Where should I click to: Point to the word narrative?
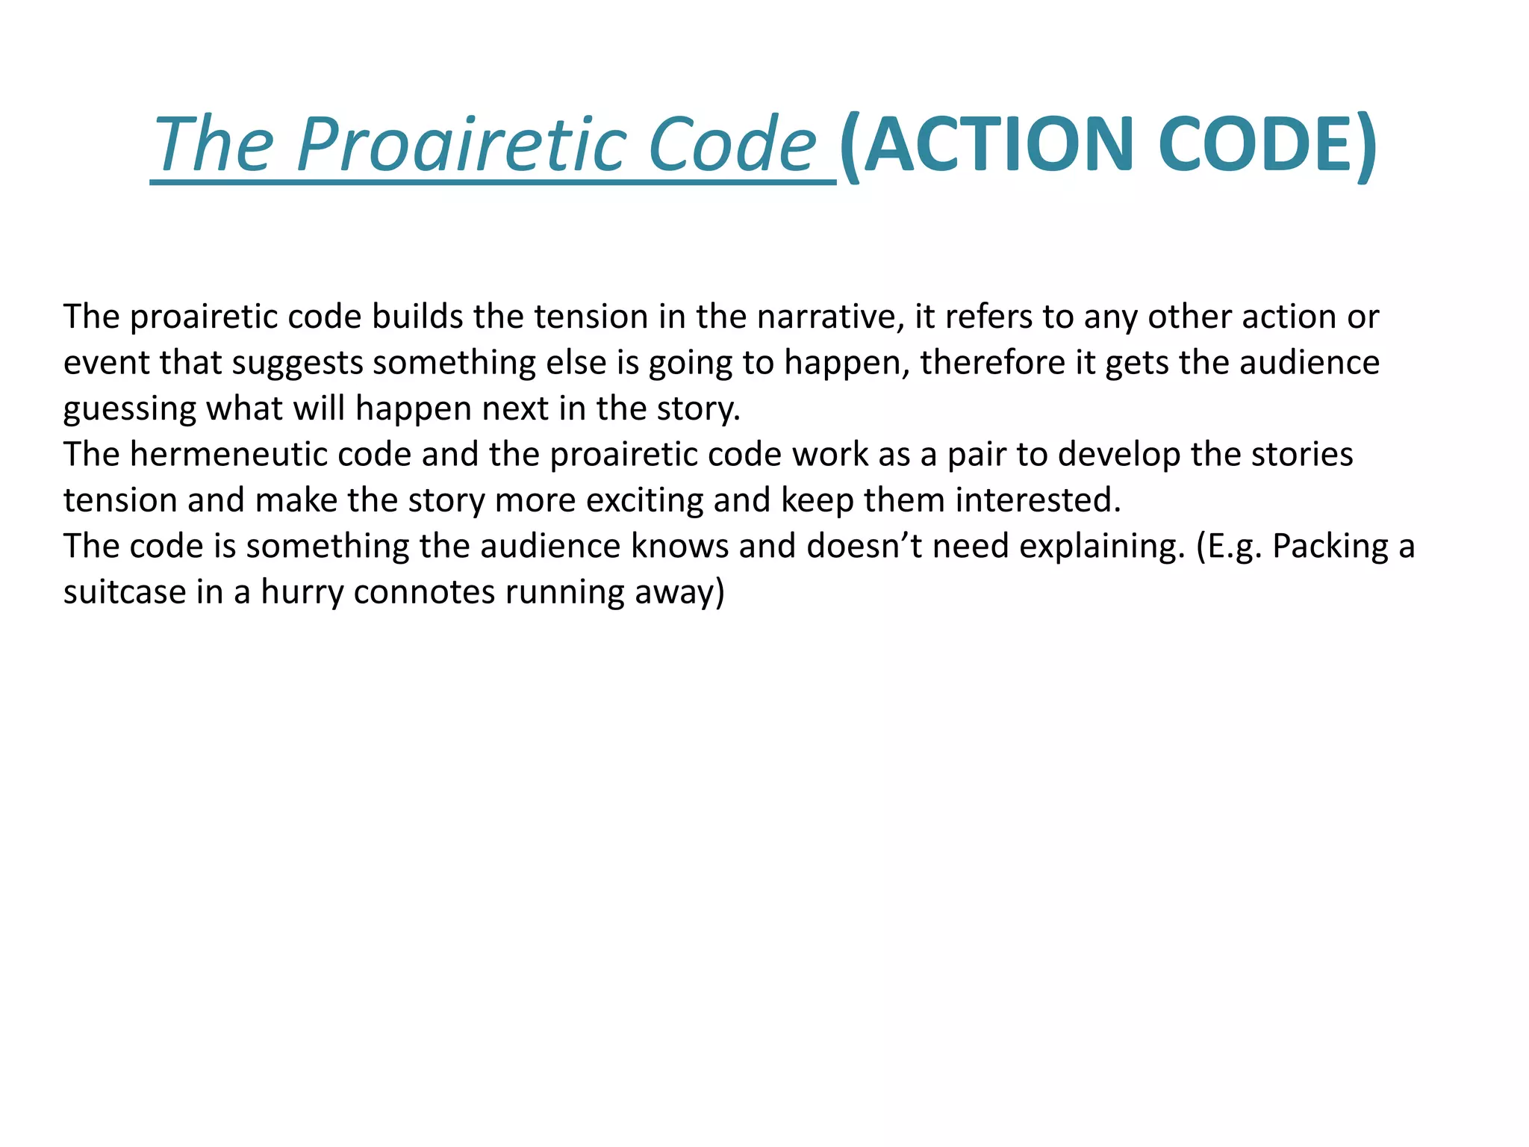[x=826, y=317]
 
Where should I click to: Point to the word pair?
[x=982, y=455]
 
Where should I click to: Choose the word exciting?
[x=644, y=500]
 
